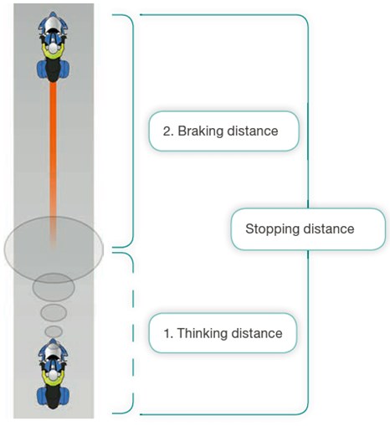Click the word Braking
[x=200, y=131]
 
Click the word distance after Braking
[x=253, y=131]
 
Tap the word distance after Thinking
[x=257, y=333]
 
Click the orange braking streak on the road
[x=53, y=165]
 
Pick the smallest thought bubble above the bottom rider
[x=54, y=331]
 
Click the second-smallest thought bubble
[x=54, y=312]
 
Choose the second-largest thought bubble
[x=54, y=287]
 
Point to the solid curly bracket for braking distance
[x=133, y=131]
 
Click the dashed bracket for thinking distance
[x=133, y=333]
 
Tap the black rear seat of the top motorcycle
[x=53, y=70]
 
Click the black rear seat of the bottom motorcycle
[x=53, y=397]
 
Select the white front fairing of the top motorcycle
[x=53, y=24]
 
